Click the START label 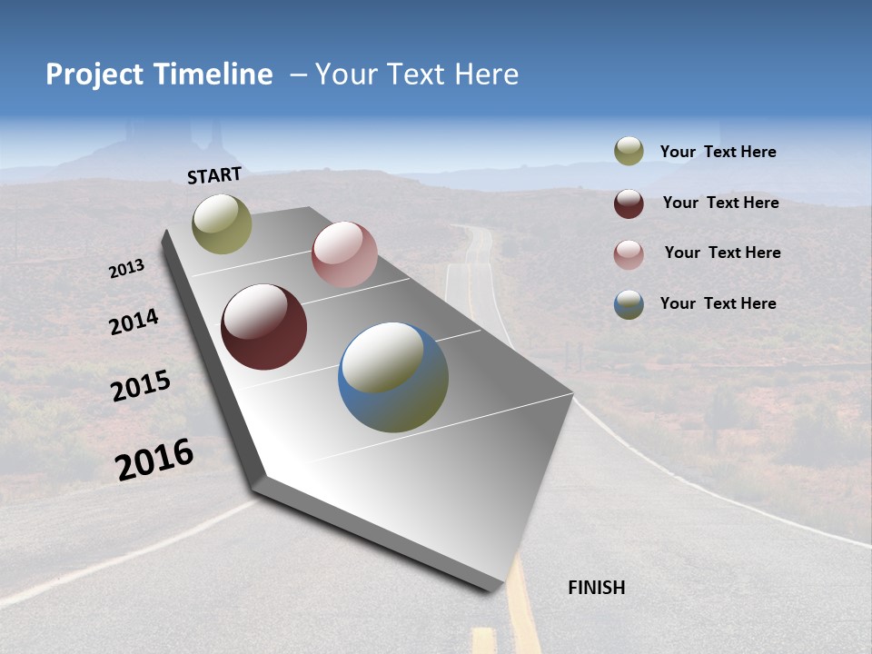coord(214,175)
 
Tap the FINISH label coord(596,588)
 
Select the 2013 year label coord(127,268)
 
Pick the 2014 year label coord(134,322)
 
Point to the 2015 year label coord(141,386)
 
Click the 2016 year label coord(154,459)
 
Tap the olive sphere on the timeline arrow coord(222,224)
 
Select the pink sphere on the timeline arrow coord(344,254)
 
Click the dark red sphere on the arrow coord(263,327)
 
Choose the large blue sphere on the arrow coord(393,377)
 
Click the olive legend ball coord(629,152)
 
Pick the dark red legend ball coord(629,203)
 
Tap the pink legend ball coord(629,253)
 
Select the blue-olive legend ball coord(629,304)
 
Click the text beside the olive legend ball coord(718,152)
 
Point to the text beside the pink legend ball coord(722,253)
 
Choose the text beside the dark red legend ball coord(720,203)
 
